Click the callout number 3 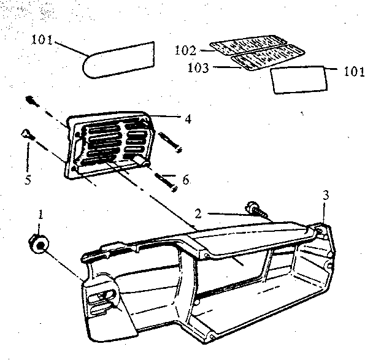pos(326,195)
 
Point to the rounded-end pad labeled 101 pos(118,59)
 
